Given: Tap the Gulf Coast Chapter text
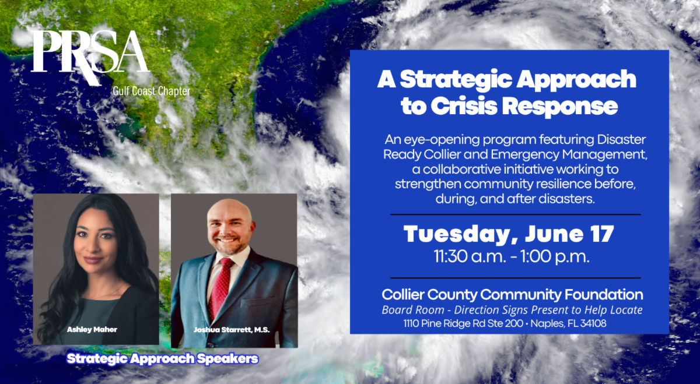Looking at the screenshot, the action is point(152,91).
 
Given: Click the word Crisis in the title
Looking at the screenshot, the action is point(464,106).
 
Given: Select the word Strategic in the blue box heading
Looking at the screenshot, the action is point(456,80).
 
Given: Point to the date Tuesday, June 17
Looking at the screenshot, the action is point(509,234).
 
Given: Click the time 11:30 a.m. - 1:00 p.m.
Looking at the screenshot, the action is point(512,256).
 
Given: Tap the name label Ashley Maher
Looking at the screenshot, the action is point(92,330).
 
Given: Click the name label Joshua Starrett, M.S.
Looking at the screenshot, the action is point(232,330).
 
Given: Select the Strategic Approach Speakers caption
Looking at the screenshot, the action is point(163,359).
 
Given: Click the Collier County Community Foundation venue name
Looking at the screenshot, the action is point(512,295).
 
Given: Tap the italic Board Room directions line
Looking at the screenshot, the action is point(512,310).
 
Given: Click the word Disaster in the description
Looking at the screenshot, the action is point(621,139).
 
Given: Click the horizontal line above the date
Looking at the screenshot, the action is point(516,215).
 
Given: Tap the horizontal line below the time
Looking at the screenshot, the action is point(516,277).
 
